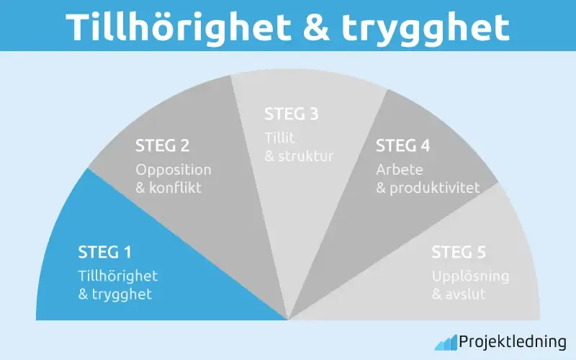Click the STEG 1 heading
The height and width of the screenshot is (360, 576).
(x=104, y=253)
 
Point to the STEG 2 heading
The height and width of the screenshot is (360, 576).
(x=163, y=146)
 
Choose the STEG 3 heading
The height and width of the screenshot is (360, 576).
(x=292, y=114)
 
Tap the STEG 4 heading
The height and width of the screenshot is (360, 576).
(x=403, y=146)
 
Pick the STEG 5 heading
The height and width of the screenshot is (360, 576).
(x=459, y=253)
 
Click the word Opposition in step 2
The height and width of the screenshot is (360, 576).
(x=174, y=171)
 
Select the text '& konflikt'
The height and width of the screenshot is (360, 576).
(x=168, y=189)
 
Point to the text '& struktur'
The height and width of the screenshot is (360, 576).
(x=300, y=156)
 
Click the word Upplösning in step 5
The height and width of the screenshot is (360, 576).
(x=470, y=276)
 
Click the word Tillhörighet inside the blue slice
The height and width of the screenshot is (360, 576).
(x=117, y=276)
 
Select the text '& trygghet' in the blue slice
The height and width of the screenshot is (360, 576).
(x=114, y=294)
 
